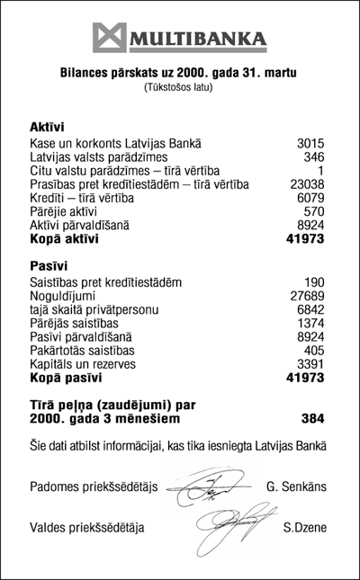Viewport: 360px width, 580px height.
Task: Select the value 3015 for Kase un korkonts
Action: [309, 143]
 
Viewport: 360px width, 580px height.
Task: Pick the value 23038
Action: [305, 185]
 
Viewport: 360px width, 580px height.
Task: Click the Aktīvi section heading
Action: [48, 128]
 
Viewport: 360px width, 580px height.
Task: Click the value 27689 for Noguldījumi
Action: [305, 295]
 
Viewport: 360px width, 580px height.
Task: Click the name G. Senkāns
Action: [296, 487]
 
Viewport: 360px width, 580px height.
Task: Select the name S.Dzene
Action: [303, 527]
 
